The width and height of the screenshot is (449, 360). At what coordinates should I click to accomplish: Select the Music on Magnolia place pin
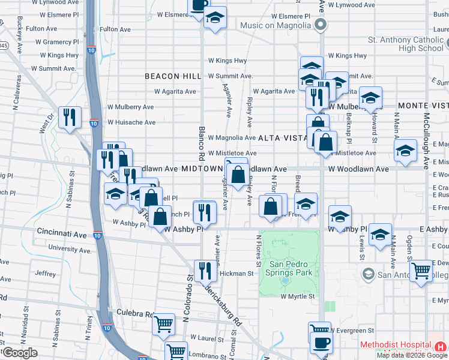pos(321,25)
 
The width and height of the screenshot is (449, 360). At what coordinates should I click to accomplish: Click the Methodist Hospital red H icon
pos(441,346)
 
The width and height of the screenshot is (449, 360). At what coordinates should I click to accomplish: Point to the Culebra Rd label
pos(128,314)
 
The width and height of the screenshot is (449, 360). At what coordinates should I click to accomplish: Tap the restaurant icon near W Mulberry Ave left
pos(71,118)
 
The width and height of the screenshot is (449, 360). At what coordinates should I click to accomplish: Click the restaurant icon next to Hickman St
pos(205,270)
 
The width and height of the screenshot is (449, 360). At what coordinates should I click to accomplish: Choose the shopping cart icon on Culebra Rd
pos(163,325)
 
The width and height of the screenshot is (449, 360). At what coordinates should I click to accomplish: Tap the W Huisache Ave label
pos(131,122)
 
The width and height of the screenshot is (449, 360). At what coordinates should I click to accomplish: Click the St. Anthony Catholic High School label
pos(405,44)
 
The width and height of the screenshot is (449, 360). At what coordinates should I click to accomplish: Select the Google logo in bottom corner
pos(19,353)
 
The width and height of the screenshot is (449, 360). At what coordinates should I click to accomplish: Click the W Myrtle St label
pos(298,296)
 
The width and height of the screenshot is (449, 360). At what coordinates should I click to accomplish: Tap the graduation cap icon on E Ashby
pos(380,235)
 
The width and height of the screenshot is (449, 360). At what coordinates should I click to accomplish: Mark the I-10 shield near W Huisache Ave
pos(94,123)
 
